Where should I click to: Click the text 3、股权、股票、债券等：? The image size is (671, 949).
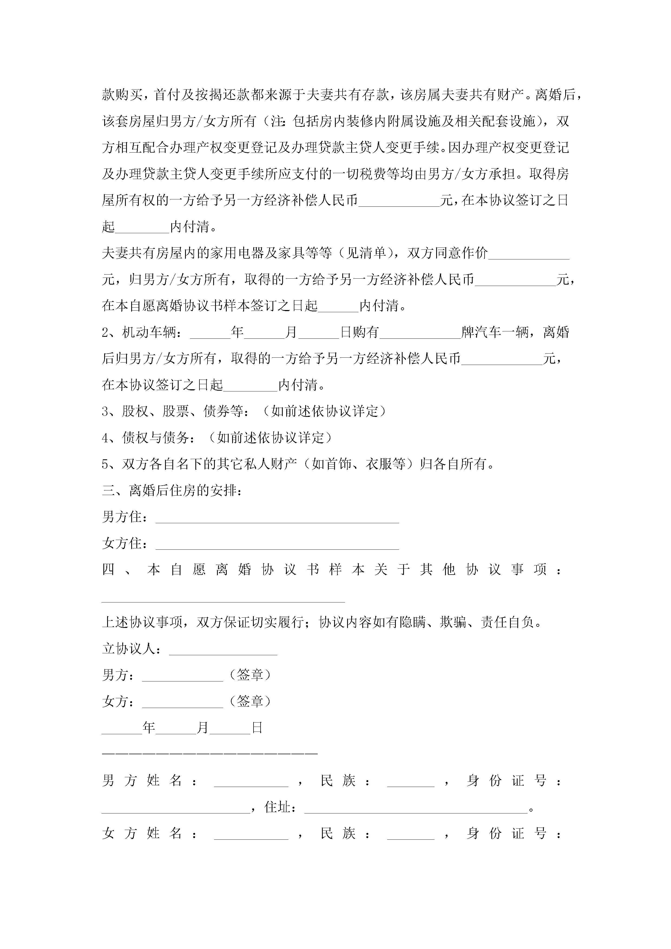point(176,411)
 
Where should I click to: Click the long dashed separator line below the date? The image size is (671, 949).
point(210,753)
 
